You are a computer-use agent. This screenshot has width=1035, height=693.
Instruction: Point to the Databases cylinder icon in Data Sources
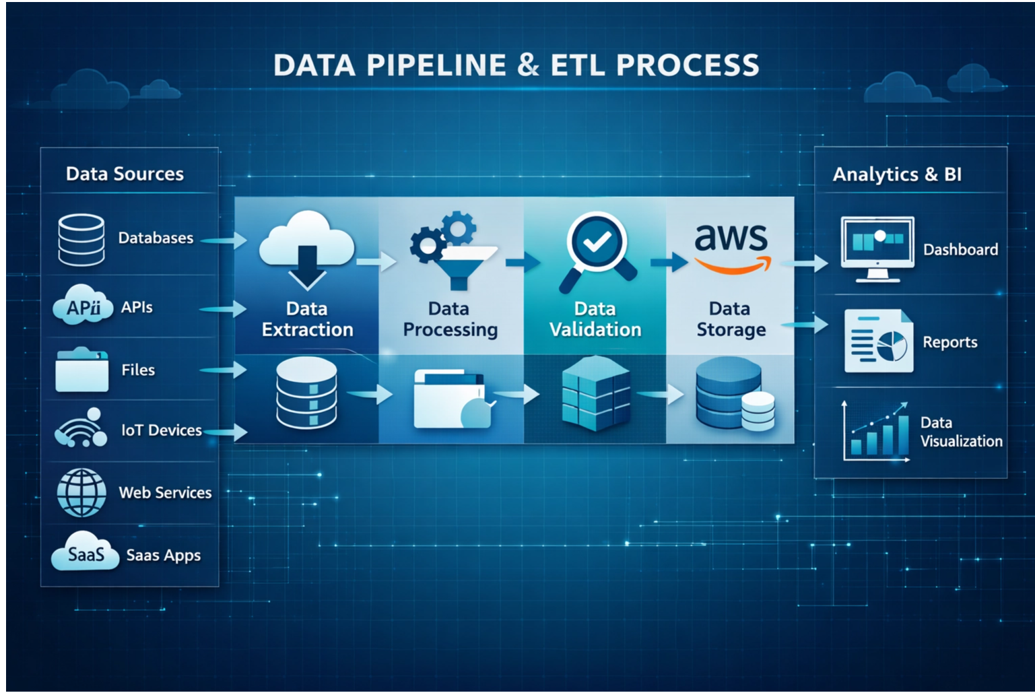(x=81, y=240)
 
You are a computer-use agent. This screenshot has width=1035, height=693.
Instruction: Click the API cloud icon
(x=83, y=306)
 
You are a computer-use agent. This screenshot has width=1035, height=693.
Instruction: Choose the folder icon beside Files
(x=81, y=370)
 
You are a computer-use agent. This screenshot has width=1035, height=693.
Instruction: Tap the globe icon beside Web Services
(x=81, y=492)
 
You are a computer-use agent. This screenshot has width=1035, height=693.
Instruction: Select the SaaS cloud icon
(x=86, y=553)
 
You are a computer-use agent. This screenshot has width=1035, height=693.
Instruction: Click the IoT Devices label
(x=162, y=430)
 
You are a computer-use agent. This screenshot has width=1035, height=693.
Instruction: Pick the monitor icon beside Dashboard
(x=877, y=249)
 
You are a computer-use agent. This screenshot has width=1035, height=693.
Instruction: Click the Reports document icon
(x=879, y=341)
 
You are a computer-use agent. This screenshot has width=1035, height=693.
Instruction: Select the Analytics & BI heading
(x=897, y=174)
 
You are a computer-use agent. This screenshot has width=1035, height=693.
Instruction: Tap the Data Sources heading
(x=125, y=174)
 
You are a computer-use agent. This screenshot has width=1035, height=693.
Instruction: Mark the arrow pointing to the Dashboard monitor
(x=808, y=263)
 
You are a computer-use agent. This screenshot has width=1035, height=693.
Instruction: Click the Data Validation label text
(x=595, y=319)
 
